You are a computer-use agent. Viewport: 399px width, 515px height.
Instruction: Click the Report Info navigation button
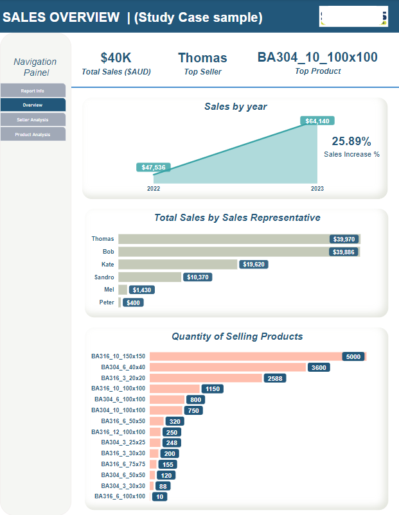[33, 91]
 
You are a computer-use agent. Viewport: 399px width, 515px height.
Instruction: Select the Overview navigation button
[33, 105]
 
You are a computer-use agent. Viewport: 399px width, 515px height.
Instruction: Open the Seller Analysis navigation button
[33, 119]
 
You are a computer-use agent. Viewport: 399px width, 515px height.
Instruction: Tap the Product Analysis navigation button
[33, 134]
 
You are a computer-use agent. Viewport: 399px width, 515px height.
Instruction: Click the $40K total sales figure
[116, 58]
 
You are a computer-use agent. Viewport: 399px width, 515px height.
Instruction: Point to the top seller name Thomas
[202, 58]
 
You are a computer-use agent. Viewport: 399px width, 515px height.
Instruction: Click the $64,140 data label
[317, 121]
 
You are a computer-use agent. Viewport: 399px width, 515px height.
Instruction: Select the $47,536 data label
[154, 168]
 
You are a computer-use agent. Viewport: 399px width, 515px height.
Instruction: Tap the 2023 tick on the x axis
[317, 189]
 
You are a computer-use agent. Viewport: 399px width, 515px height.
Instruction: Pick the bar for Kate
[178, 264]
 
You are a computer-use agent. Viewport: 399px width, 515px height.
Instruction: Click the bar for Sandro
[150, 277]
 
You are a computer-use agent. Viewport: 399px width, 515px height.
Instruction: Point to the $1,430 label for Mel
[142, 290]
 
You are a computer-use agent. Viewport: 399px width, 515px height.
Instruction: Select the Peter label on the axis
[107, 302]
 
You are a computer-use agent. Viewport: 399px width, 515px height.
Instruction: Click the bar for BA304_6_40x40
[227, 367]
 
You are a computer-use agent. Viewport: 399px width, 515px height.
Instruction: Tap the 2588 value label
[274, 378]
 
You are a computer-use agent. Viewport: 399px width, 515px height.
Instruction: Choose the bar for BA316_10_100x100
[175, 388]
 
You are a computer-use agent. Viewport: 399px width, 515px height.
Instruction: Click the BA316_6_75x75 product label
[123, 464]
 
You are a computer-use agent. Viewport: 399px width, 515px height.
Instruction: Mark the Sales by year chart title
[235, 107]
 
